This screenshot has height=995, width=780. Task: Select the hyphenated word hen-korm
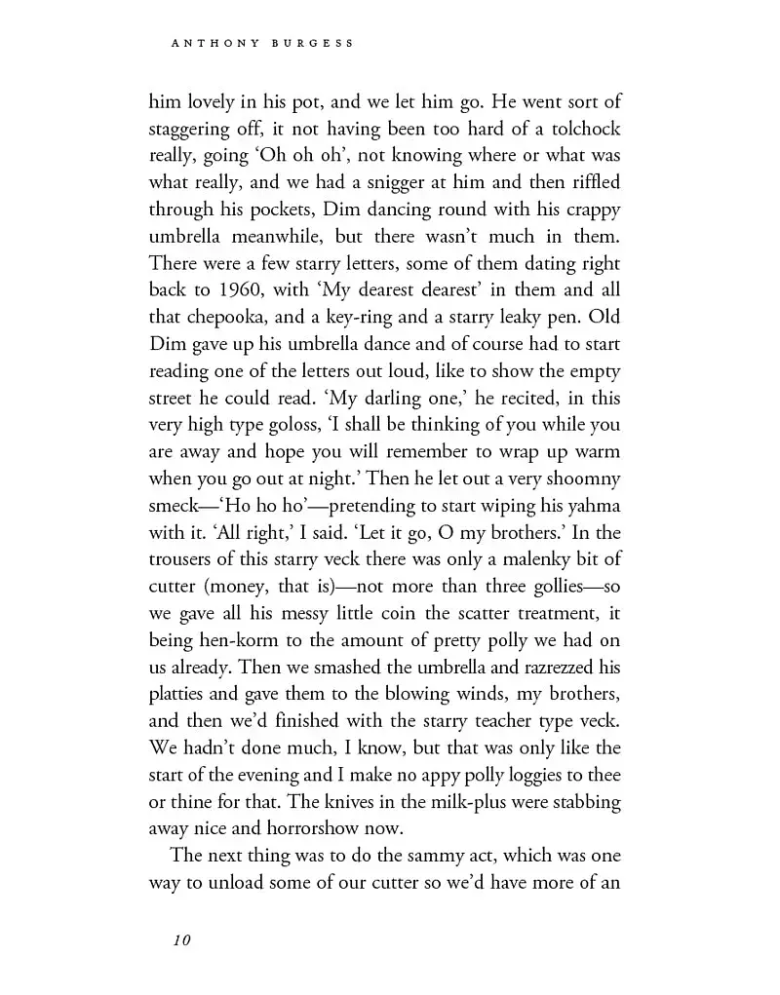212,641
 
